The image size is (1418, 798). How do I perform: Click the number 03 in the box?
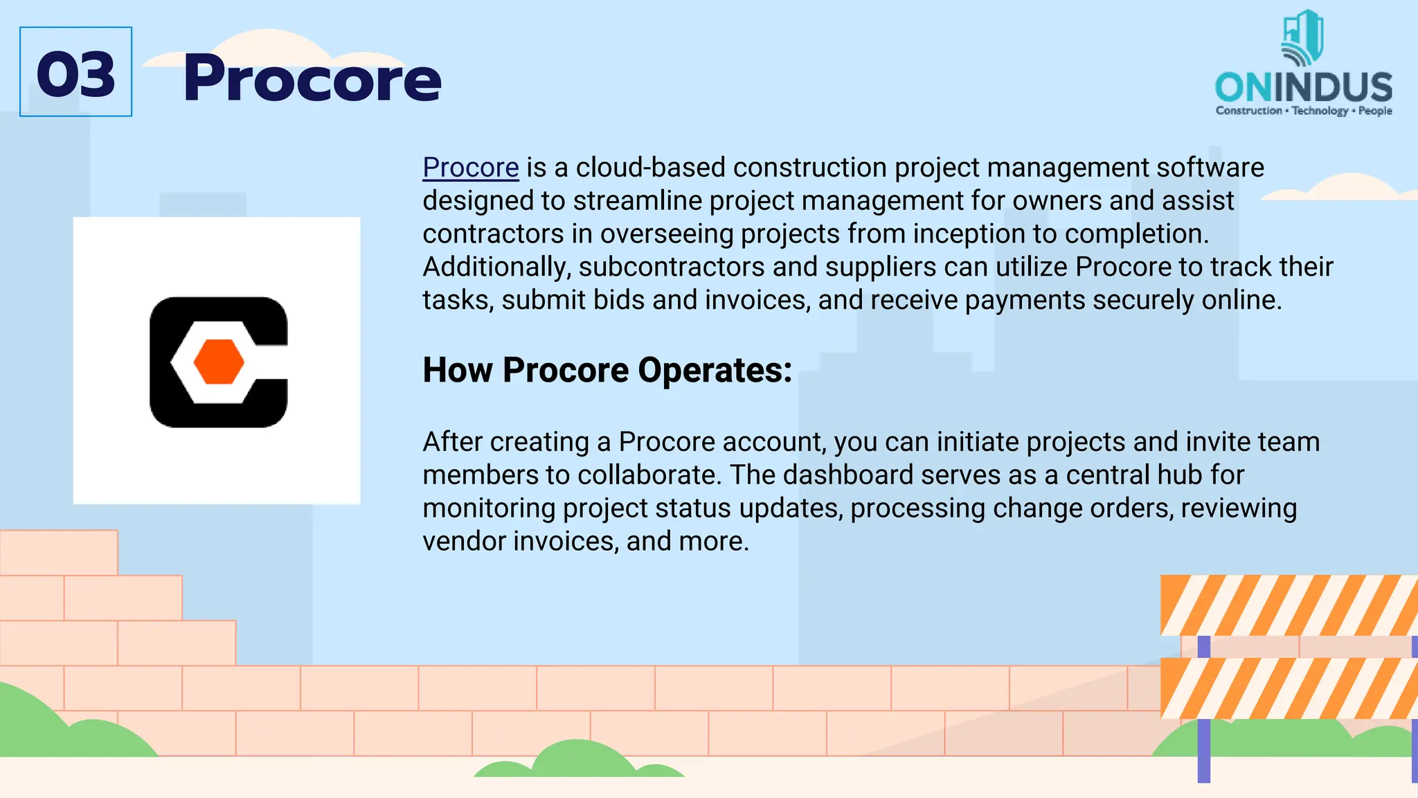tap(75, 74)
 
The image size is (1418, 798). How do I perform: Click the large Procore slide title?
tap(312, 79)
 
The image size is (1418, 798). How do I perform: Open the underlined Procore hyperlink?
tap(470, 168)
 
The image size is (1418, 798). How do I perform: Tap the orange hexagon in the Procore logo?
tap(219, 362)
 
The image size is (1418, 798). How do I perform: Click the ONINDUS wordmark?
tap(1303, 87)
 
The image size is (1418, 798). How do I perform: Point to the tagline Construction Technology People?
tap(1303, 111)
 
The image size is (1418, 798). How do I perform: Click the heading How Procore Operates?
tap(607, 370)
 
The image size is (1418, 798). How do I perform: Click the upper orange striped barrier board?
tap(1288, 605)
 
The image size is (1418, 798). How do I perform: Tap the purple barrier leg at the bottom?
tap(1203, 751)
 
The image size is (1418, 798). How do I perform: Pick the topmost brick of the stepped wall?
tap(58, 552)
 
